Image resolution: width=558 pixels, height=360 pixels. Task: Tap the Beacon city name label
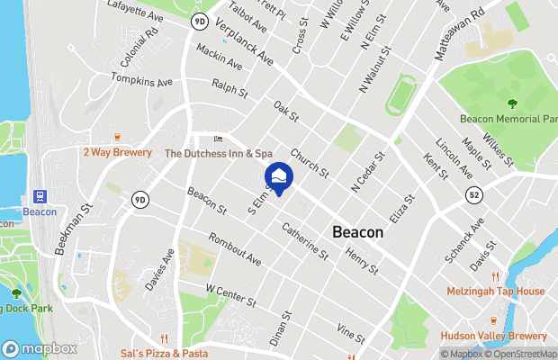tap(357, 231)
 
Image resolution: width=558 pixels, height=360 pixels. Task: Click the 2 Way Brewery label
tap(117, 153)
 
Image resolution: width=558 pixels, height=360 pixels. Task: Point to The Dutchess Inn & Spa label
tap(218, 154)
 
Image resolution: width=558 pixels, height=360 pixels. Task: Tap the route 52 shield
tap(474, 193)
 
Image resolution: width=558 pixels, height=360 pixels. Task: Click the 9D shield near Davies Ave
tap(139, 199)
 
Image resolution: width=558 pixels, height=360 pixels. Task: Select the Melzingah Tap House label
tap(496, 292)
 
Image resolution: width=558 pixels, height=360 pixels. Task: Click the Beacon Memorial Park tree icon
tap(512, 103)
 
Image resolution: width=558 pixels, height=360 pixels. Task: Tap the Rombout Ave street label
tap(234, 248)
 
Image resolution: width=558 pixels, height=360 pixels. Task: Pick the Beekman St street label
tap(72, 229)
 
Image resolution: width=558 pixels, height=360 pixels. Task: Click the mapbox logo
tap(40, 348)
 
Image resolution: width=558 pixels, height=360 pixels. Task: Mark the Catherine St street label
tap(305, 243)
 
